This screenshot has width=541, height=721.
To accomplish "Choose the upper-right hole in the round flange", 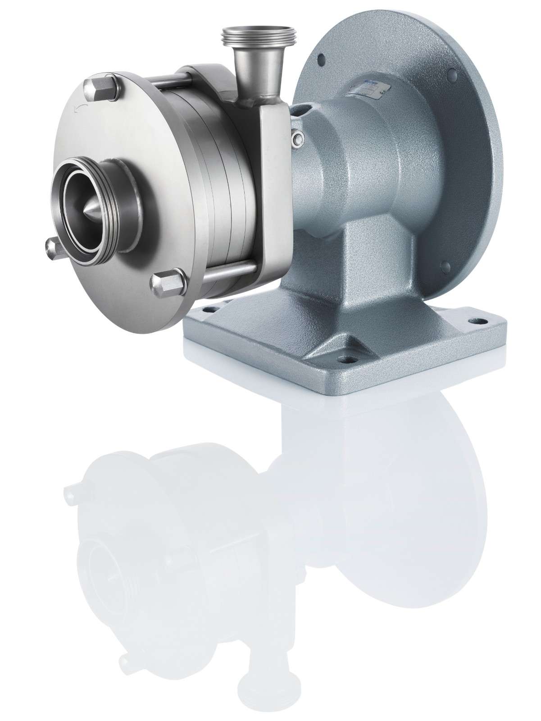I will pyautogui.click(x=452, y=71).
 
